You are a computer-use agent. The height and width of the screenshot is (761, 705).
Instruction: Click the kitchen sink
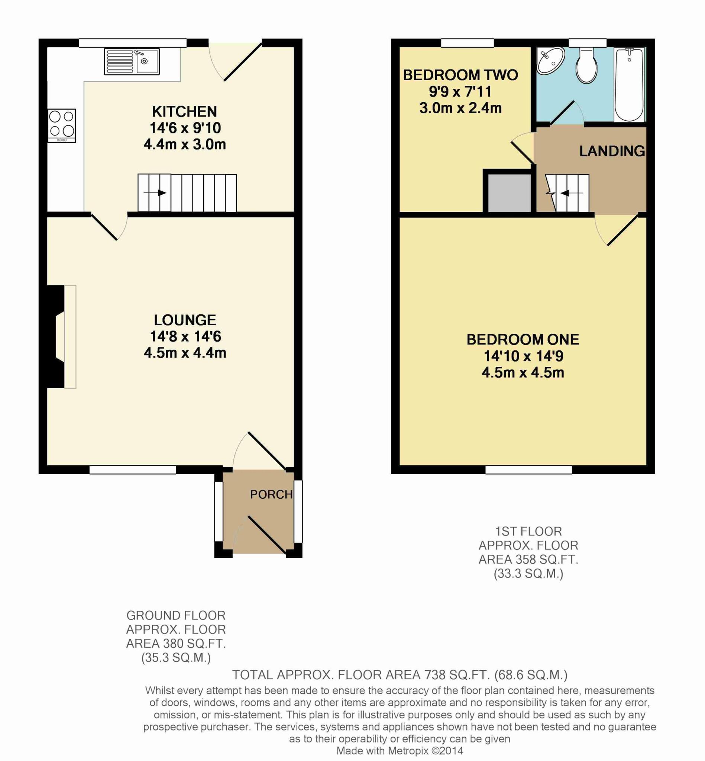pyautogui.click(x=132, y=61)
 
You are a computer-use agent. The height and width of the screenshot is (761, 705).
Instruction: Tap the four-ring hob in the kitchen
pyautogui.click(x=62, y=126)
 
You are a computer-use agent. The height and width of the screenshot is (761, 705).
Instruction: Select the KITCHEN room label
pyautogui.click(x=185, y=112)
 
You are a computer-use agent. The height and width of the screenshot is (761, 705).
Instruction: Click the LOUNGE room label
pyautogui.click(x=185, y=320)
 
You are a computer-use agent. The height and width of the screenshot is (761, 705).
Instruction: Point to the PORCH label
pyautogui.click(x=271, y=494)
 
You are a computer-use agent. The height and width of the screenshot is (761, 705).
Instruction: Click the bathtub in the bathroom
pyautogui.click(x=629, y=84)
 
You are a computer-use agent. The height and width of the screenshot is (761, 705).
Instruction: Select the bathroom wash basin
pyautogui.click(x=550, y=60)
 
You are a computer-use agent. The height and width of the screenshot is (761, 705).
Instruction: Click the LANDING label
pyautogui.click(x=612, y=152)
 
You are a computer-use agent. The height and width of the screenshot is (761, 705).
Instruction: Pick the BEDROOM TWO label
pyautogui.click(x=460, y=75)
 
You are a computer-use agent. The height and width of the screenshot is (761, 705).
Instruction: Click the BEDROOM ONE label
pyautogui.click(x=523, y=340)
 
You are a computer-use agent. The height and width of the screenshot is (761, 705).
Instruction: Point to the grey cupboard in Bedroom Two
pyautogui.click(x=509, y=193)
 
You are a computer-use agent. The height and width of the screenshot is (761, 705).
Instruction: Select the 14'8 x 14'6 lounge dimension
pyautogui.click(x=185, y=336)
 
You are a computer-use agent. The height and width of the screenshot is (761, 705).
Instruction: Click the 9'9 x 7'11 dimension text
pyautogui.click(x=460, y=91)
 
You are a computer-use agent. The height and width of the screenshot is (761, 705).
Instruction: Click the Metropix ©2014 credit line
pyautogui.click(x=400, y=751)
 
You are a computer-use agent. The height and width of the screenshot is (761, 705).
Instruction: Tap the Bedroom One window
pyautogui.click(x=528, y=470)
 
